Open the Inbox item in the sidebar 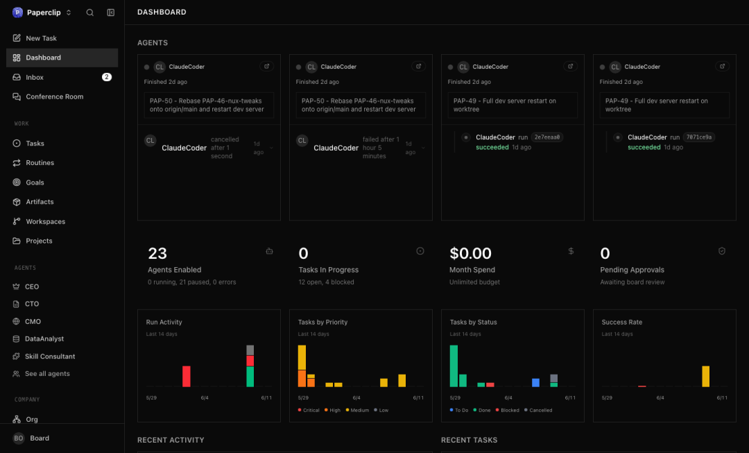click(35, 77)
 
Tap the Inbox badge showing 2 click(107, 77)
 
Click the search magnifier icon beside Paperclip click(89, 12)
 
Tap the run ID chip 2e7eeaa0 click(547, 137)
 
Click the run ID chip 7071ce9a click(699, 137)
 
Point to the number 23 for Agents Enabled click(157, 253)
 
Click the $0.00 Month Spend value click(470, 253)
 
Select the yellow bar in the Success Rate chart click(705, 377)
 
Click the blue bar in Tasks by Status click(535, 383)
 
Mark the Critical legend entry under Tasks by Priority click(309, 410)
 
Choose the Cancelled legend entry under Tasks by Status click(538, 410)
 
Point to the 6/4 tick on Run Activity click(205, 398)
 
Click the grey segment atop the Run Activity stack click(250, 350)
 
